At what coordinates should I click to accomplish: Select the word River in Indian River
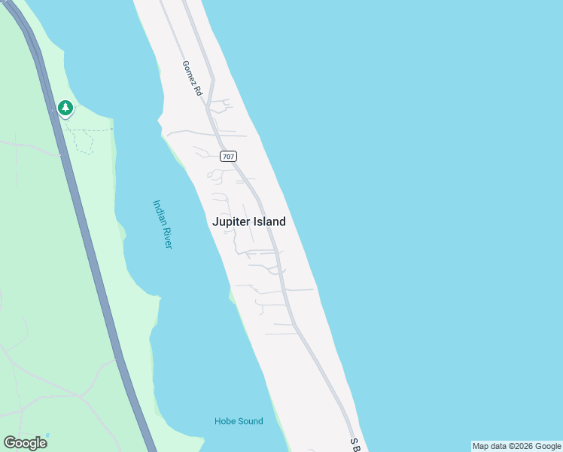click(x=168, y=237)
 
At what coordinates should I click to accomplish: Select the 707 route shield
click(x=229, y=157)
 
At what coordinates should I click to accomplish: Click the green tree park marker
click(x=65, y=108)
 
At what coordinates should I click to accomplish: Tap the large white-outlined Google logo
click(x=25, y=442)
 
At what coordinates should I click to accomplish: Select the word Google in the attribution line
click(x=548, y=447)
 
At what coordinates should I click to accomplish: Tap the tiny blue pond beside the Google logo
click(x=48, y=435)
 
